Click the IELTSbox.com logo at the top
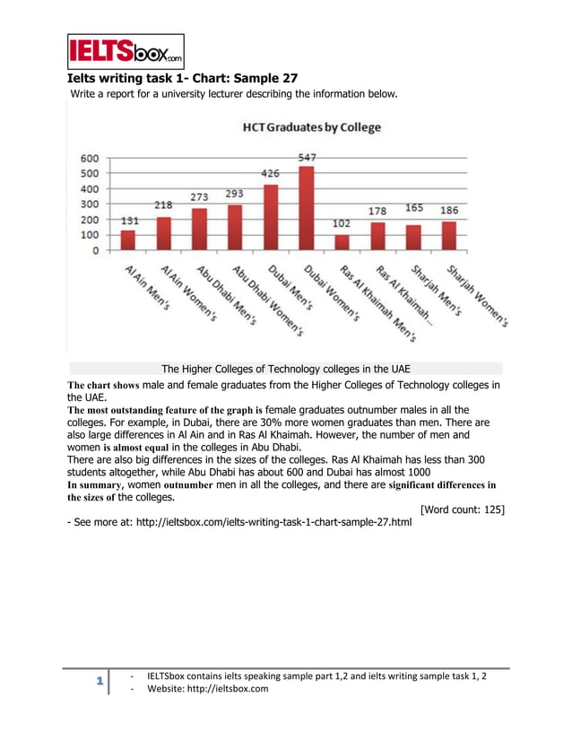coord(126,52)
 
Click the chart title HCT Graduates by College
coord(312,127)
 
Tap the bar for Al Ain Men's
coord(128,240)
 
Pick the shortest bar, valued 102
coord(342,242)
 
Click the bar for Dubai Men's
coord(271,218)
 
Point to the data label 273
coord(200,196)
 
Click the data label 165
coord(413,208)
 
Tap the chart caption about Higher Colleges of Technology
coord(286,369)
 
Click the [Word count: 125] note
coord(462,510)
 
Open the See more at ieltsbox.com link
coord(239,521)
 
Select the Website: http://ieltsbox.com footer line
coord(205,688)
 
